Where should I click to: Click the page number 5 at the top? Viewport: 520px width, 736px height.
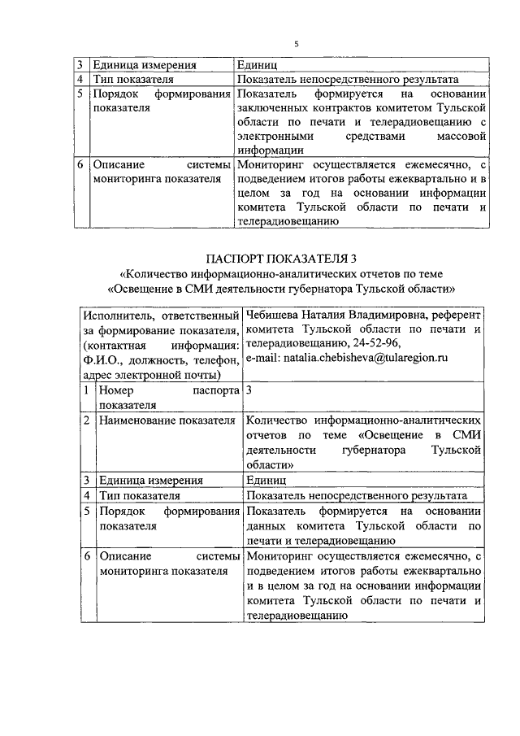coord(297,44)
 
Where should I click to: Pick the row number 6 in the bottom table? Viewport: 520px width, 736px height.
coord(87,556)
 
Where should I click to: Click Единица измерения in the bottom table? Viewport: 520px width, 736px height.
coord(150,481)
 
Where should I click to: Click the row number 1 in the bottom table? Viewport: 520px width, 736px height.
coord(87,391)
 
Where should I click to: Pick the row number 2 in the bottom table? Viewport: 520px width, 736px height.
coord(87,420)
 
